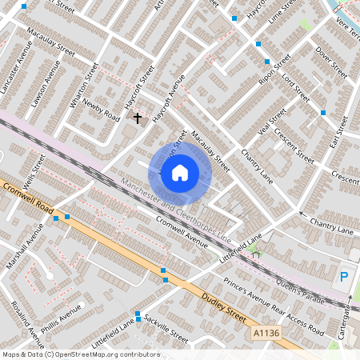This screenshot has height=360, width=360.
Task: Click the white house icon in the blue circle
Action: [x=180, y=172]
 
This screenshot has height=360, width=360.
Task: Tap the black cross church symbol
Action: [x=137, y=118]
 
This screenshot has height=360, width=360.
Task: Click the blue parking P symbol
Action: [x=344, y=277]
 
